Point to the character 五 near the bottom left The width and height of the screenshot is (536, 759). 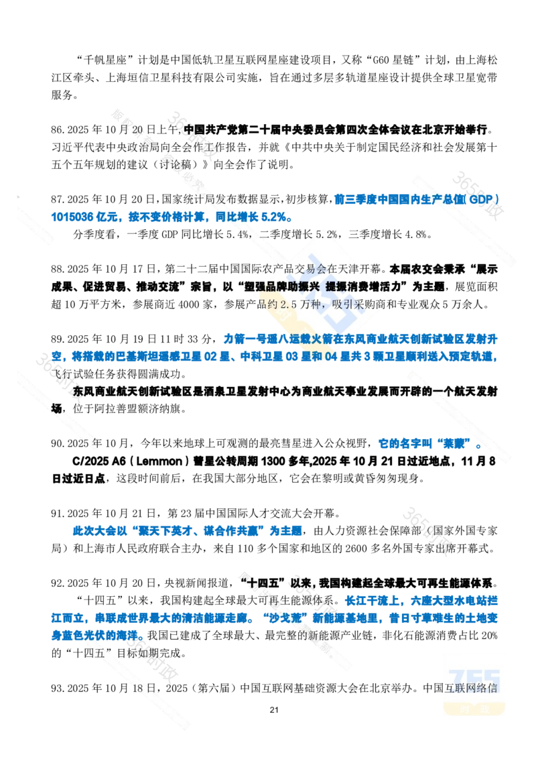(92, 648)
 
